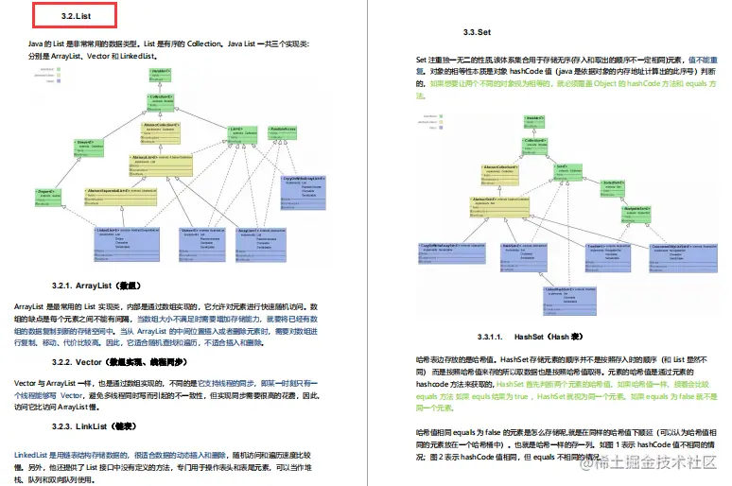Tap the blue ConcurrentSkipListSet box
click(x=675, y=254)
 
